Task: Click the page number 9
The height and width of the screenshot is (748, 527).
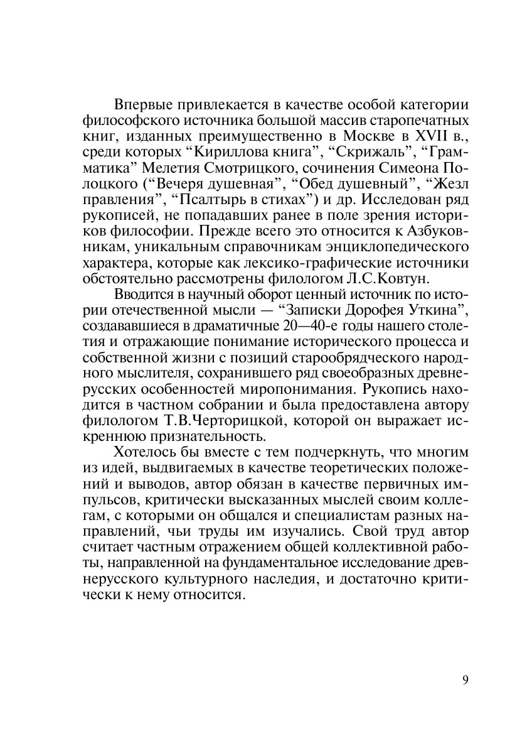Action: pyautogui.click(x=465, y=680)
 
